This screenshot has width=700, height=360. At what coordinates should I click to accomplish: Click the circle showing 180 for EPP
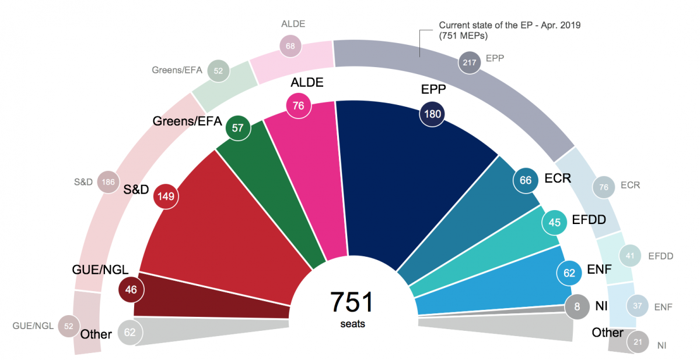pyautogui.click(x=432, y=114)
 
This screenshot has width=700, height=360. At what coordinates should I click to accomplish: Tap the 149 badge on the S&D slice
pyautogui.click(x=166, y=197)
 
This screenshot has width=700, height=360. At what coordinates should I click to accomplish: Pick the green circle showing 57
pyautogui.click(x=237, y=128)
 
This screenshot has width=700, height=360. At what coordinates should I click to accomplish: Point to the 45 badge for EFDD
pyautogui.click(x=555, y=222)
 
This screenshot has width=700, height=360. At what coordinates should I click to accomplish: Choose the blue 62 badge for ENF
pyautogui.click(x=569, y=272)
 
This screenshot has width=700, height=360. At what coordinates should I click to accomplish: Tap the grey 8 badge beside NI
pyautogui.click(x=577, y=306)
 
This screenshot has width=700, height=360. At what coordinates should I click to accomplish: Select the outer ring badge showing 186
pyautogui.click(x=108, y=182)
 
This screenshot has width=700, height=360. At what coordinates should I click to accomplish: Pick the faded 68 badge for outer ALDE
pyautogui.click(x=291, y=46)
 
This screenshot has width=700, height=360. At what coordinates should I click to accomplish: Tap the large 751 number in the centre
pyautogui.click(x=352, y=302)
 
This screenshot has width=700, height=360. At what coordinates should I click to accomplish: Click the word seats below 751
pyautogui.click(x=352, y=324)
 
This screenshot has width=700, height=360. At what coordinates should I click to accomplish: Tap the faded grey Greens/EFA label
pyautogui.click(x=177, y=71)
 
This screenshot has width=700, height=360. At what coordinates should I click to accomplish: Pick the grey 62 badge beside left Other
pyautogui.click(x=129, y=333)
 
